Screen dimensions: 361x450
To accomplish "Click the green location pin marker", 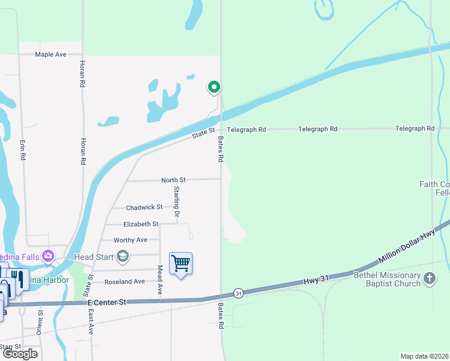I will pyautogui.click(x=214, y=88).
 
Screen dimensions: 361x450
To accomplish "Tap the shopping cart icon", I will pyautogui.click(x=180, y=264).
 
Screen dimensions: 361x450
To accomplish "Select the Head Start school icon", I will pyautogui.click(x=123, y=258).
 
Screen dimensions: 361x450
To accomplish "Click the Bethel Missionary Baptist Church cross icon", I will pyautogui.click(x=429, y=279).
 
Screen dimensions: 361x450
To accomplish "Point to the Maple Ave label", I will pyautogui.click(x=51, y=54).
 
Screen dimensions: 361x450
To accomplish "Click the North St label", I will pyautogui.click(x=174, y=180).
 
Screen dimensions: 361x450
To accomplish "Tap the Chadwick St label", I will pyautogui.click(x=144, y=208).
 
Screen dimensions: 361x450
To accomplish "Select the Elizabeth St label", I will pyautogui.click(x=141, y=224).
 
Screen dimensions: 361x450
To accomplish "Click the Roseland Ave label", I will pyautogui.click(x=125, y=282).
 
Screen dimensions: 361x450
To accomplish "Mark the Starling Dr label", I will pyautogui.click(x=177, y=202).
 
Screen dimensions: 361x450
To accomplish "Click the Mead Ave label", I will pyautogui.click(x=160, y=280).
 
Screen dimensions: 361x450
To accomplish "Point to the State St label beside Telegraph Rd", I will pyautogui.click(x=203, y=134).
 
